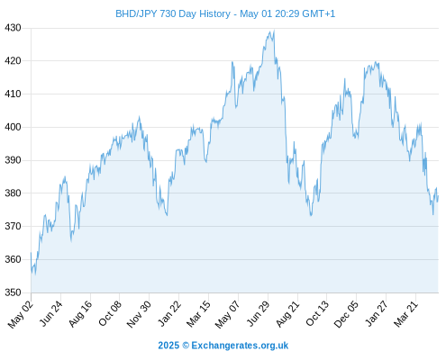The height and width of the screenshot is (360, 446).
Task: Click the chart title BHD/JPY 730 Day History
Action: tap(173, 13)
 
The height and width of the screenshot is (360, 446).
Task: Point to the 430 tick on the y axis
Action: tap(13, 28)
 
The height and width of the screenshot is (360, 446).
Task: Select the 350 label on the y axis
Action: tap(13, 292)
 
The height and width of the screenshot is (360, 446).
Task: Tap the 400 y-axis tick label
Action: tap(13, 127)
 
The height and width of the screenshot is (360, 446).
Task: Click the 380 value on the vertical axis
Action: tap(13, 193)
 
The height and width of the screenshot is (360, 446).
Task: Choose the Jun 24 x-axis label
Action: tap(51, 313)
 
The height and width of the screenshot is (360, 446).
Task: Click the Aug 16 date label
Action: tap(80, 313)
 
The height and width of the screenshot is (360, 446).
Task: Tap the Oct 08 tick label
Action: tap(110, 313)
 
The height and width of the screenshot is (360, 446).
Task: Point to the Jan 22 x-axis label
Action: tap(169, 313)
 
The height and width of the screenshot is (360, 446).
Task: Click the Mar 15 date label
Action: tap(198, 314)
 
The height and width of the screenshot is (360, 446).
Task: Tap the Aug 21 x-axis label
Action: tap(287, 314)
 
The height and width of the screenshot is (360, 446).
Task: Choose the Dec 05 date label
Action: tap(346, 314)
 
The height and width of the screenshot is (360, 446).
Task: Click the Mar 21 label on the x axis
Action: tap(405, 314)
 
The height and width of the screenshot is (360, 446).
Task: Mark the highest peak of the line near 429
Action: tap(274, 31)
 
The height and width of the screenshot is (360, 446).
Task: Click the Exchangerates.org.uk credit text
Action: tap(240, 346)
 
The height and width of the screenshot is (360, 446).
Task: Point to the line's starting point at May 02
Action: tap(31, 253)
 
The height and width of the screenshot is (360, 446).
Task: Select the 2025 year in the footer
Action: tap(168, 346)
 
